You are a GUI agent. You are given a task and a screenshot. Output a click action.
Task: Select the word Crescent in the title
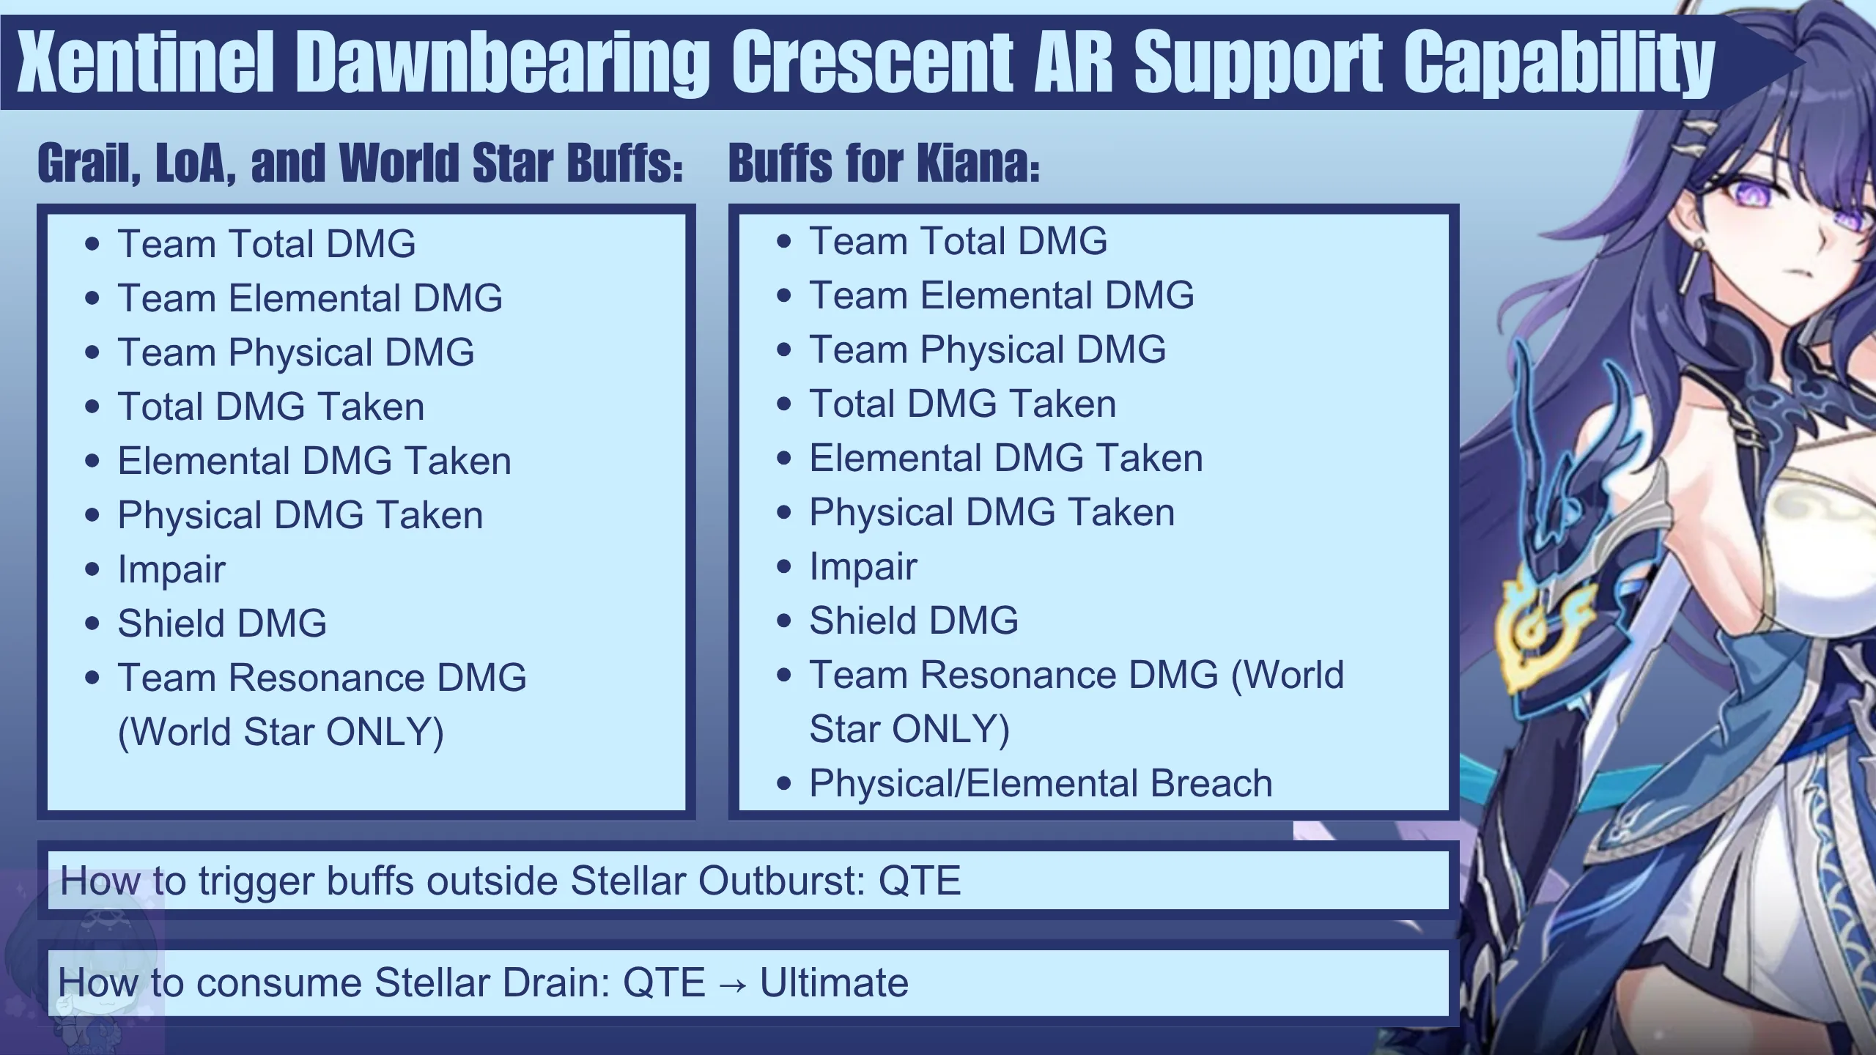pyautogui.click(x=872, y=62)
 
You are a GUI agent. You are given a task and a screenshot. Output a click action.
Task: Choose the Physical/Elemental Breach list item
pyautogui.click(x=1041, y=783)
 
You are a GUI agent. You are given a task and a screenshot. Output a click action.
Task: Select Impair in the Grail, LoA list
pyautogui.click(x=171, y=570)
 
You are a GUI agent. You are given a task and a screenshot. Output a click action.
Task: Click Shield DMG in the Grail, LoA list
pyautogui.click(x=222, y=623)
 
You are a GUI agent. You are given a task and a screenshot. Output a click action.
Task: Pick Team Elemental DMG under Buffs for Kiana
pyautogui.click(x=1001, y=295)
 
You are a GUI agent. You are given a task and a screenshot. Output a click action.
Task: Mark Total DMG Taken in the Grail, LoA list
pyautogui.click(x=271, y=407)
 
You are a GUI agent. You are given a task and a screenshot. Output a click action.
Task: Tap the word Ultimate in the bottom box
pyautogui.click(x=834, y=982)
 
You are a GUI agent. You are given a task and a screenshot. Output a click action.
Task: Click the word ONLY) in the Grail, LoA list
pyautogui.click(x=385, y=732)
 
